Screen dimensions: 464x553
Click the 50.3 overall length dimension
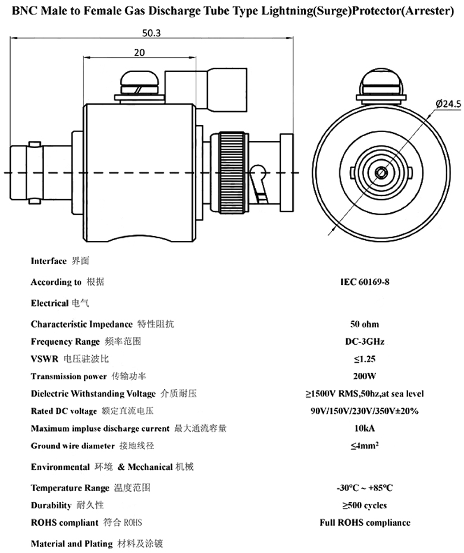click(151, 33)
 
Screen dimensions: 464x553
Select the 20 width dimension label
click(139, 52)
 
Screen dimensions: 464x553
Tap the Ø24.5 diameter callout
click(448, 103)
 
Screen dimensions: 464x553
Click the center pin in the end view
click(381, 173)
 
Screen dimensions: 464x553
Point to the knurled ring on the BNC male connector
click(232, 172)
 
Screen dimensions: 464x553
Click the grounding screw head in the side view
click(140, 83)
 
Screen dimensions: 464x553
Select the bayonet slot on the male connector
click(260, 183)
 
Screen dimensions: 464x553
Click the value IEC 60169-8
click(365, 282)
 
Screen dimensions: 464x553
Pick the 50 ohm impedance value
click(365, 324)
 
